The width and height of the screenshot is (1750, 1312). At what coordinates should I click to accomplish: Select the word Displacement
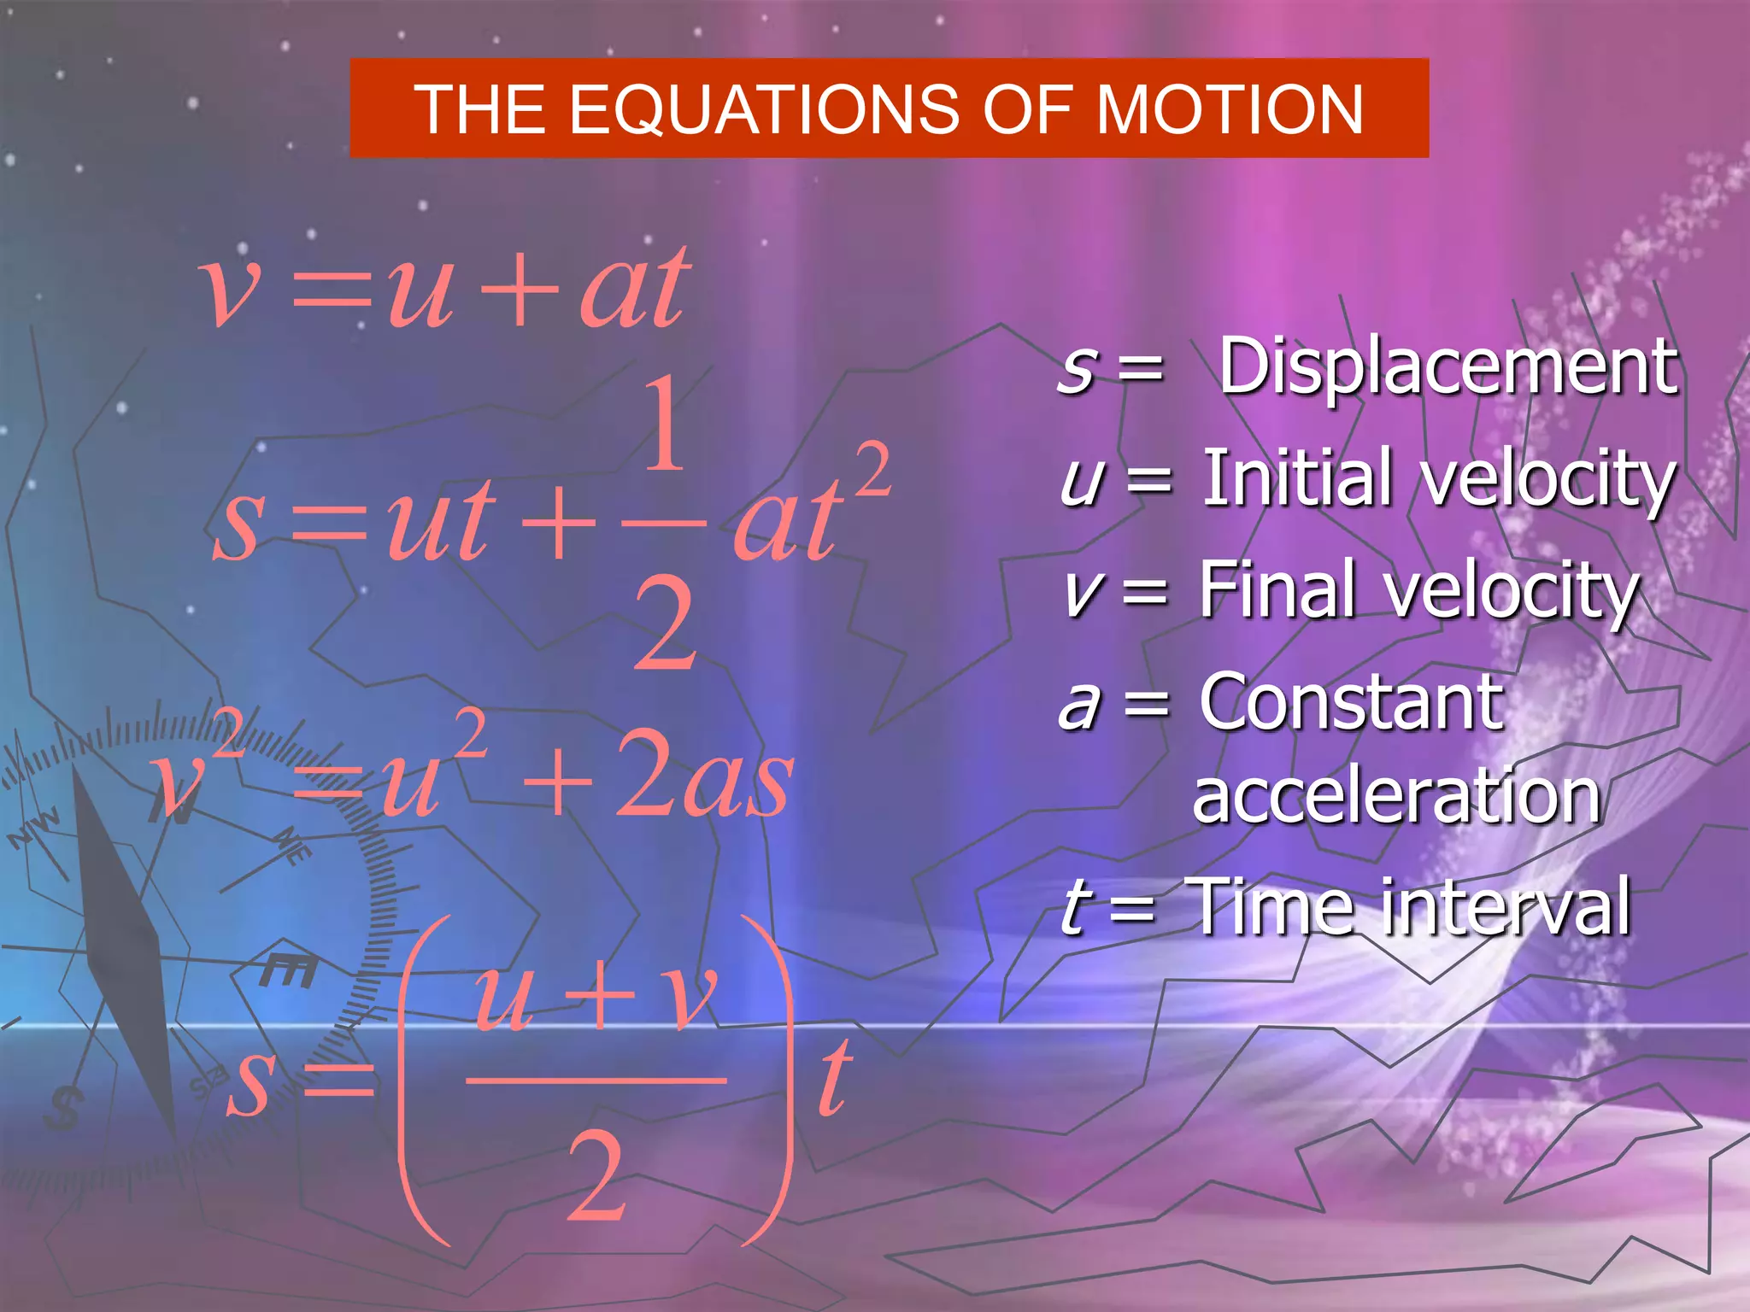(1448, 367)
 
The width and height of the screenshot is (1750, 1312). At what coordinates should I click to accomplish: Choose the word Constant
(1350, 702)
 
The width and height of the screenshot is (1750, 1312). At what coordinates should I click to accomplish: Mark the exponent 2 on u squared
(470, 734)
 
